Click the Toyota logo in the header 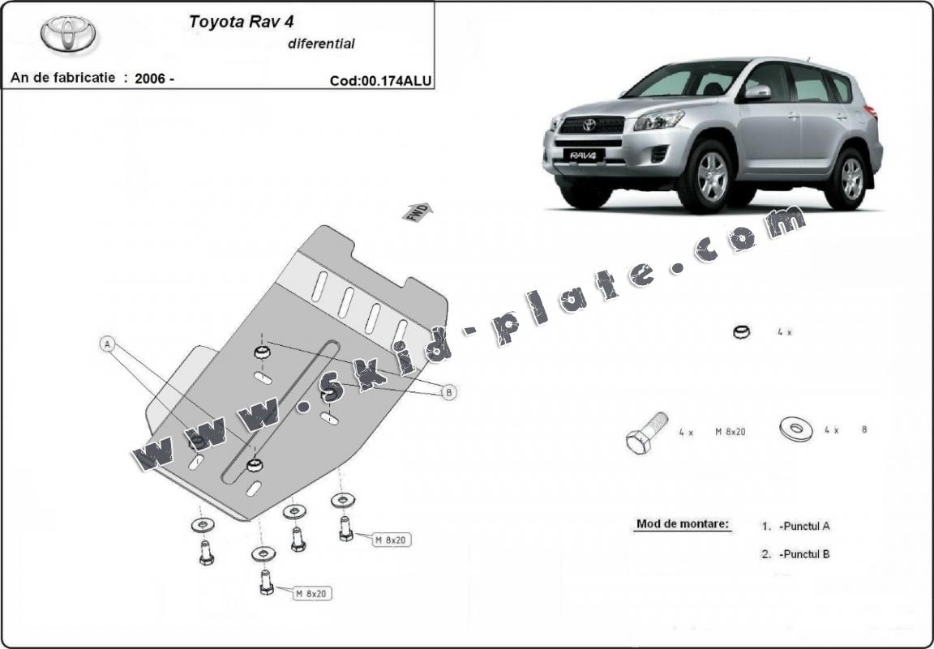coord(68,35)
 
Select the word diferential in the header coord(321,44)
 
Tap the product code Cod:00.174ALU coord(380,80)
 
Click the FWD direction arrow coord(418,211)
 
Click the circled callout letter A coord(107,344)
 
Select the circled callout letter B coord(448,392)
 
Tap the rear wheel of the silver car coord(851,178)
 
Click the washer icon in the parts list coord(796,429)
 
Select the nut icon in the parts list coord(741,331)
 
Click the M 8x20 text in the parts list coord(730,432)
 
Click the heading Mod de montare coord(682,524)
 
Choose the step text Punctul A coord(803,526)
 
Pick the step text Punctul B coord(803,554)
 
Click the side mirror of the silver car coord(757,92)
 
